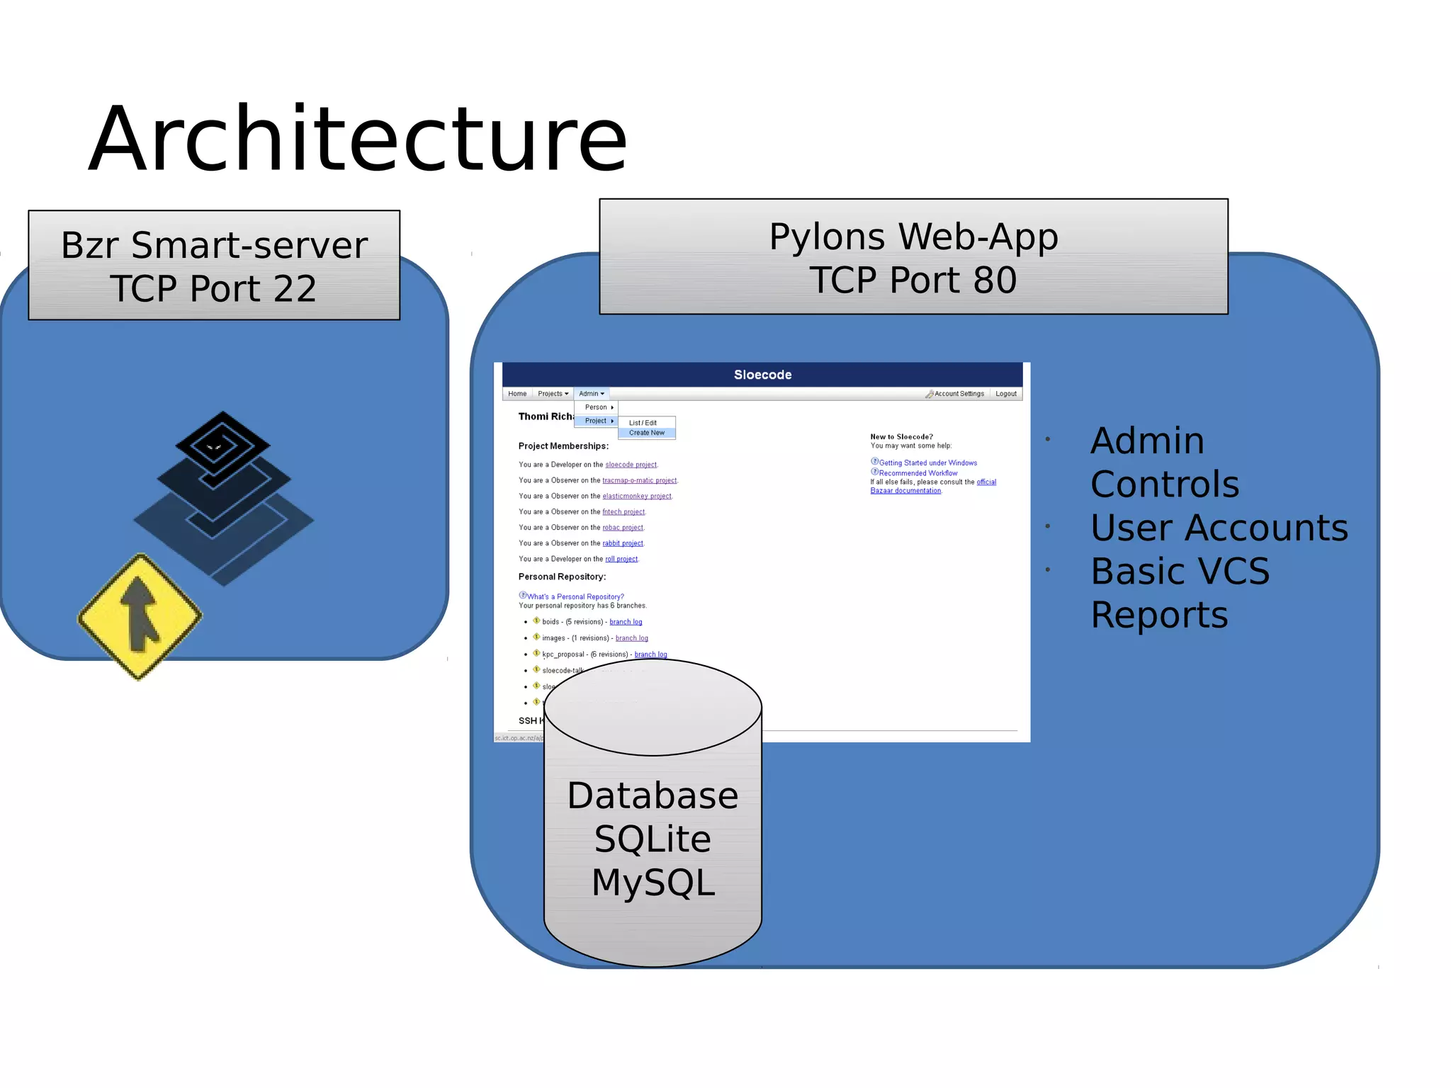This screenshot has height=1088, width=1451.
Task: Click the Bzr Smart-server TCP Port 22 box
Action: click(214, 266)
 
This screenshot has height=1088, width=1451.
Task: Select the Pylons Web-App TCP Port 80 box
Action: click(913, 257)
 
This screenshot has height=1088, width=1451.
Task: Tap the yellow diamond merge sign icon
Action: click(140, 616)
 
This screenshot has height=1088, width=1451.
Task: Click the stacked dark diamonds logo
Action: click(223, 496)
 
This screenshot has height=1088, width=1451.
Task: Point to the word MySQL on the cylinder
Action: click(653, 883)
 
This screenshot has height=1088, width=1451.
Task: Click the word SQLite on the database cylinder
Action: click(653, 839)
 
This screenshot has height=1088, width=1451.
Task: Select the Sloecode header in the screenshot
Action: click(762, 375)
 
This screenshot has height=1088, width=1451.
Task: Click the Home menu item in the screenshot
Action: click(517, 394)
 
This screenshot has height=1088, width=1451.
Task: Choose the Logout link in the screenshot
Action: click(1005, 394)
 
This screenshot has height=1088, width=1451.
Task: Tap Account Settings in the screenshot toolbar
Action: click(958, 394)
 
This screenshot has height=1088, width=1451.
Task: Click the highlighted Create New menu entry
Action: click(647, 433)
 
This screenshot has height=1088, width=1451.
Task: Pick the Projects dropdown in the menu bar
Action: click(553, 394)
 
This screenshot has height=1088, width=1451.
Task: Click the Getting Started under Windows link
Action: click(927, 463)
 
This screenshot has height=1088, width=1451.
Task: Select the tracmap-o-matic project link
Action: click(639, 481)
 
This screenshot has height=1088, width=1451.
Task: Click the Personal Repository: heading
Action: click(562, 577)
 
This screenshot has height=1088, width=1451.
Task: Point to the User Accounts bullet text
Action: click(1219, 528)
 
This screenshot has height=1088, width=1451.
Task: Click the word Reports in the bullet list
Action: click(1159, 615)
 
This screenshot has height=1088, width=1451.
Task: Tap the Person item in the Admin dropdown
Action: click(597, 407)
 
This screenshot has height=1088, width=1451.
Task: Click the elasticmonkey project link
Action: click(636, 497)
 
